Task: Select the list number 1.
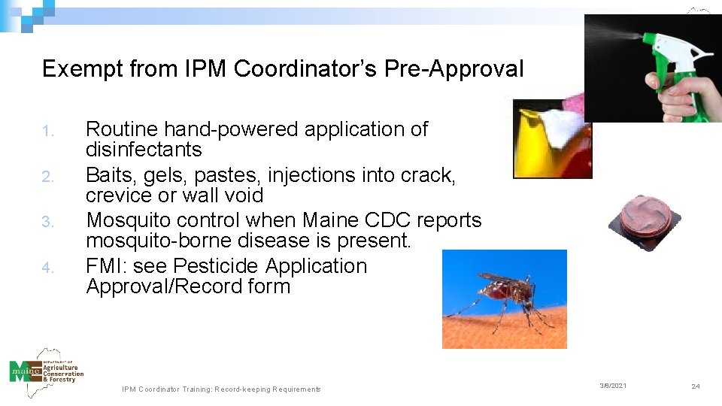[x=48, y=132]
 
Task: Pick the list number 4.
[x=48, y=268]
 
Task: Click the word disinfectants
[x=144, y=150]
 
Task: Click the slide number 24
[x=695, y=386]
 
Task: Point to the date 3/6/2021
[x=612, y=386]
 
